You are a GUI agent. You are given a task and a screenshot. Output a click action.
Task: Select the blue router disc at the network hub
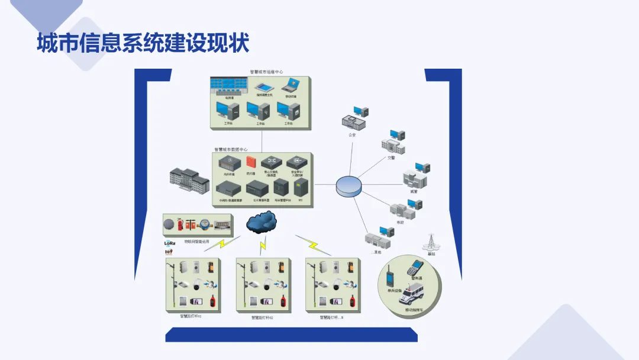tap(347, 186)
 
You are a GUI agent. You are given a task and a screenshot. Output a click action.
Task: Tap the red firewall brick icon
tap(251, 162)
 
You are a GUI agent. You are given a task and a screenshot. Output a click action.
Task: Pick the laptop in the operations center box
tap(291, 86)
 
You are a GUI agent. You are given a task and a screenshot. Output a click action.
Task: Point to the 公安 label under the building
tap(352, 135)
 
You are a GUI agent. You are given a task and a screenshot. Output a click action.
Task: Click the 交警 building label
tap(391, 157)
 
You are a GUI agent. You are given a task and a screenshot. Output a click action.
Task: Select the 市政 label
tap(400, 221)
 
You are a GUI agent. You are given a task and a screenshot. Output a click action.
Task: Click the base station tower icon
tap(430, 242)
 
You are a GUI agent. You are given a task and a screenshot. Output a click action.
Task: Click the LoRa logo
tap(170, 243)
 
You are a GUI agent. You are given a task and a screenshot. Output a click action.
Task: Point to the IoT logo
tap(169, 252)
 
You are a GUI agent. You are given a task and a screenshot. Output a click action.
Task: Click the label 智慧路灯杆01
tap(191, 317)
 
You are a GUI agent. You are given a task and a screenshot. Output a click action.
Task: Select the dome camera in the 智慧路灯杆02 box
tap(266, 285)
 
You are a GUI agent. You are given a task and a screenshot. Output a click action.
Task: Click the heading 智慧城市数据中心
tap(231, 150)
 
